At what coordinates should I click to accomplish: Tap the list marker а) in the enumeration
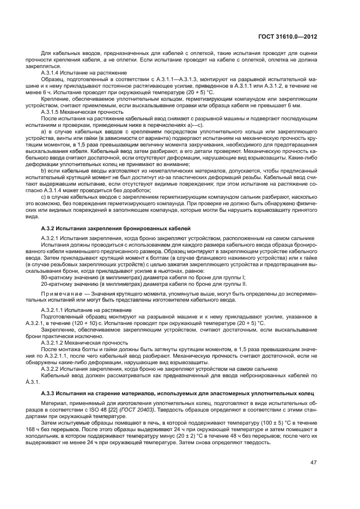(44, 132)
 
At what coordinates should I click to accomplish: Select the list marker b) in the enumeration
(44, 172)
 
